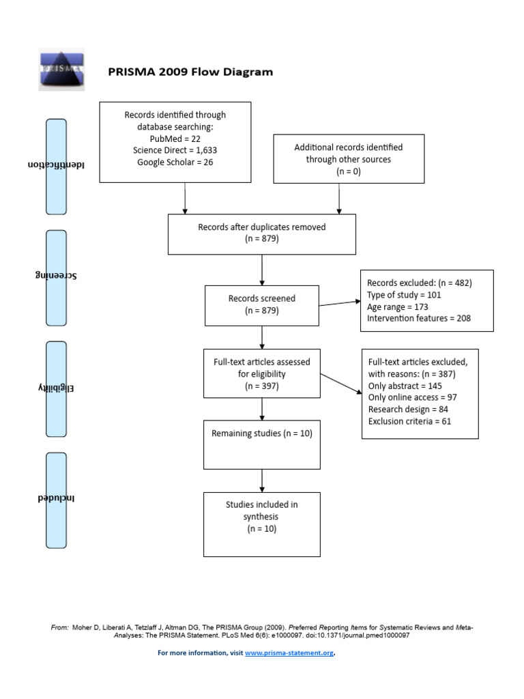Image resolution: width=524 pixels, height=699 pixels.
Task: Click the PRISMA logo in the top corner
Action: pyautogui.click(x=61, y=69)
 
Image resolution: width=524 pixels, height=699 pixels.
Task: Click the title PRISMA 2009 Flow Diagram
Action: pyautogui.click(x=190, y=72)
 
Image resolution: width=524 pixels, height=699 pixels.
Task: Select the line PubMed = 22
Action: pyautogui.click(x=175, y=139)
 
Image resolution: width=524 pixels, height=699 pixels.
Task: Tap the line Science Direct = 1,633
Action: pyautogui.click(x=175, y=150)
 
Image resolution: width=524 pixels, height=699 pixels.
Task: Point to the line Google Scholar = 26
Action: pyautogui.click(x=175, y=162)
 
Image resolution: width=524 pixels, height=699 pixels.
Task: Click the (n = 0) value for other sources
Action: pyautogui.click(x=348, y=171)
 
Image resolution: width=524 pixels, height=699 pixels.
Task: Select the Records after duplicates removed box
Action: pyautogui.click(x=261, y=233)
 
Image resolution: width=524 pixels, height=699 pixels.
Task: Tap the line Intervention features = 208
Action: pyautogui.click(x=419, y=318)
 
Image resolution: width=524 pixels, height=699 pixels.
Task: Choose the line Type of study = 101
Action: pyautogui.click(x=404, y=295)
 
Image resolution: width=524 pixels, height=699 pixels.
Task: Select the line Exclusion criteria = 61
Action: pyautogui.click(x=409, y=420)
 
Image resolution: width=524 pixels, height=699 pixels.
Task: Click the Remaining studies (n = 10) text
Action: pyautogui.click(x=261, y=433)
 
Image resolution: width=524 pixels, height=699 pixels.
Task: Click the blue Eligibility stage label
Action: pyautogui.click(x=56, y=389)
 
